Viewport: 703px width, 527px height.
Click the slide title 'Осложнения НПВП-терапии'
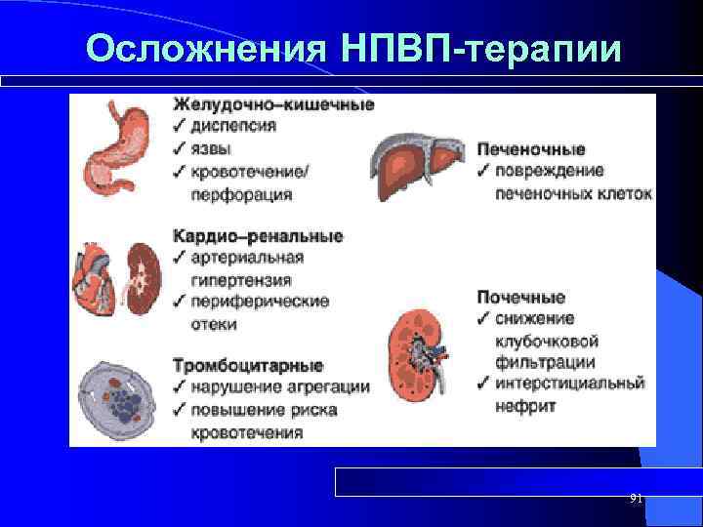351,48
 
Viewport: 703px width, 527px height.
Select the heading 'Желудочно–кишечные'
272,104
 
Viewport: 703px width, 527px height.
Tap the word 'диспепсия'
233,126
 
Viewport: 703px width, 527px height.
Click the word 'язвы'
214,149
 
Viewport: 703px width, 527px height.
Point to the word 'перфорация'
241,194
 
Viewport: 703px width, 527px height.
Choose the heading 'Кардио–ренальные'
258,236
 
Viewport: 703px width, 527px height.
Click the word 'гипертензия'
238,279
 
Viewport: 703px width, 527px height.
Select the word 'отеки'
214,324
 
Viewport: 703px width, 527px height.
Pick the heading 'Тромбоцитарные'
248,366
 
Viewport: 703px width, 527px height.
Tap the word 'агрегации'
331,387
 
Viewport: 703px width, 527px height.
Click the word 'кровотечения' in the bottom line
247,431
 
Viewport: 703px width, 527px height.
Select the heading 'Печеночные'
531,149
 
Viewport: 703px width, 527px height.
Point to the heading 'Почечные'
520,298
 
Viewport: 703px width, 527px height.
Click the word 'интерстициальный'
569,384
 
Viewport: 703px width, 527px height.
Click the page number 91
636,498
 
